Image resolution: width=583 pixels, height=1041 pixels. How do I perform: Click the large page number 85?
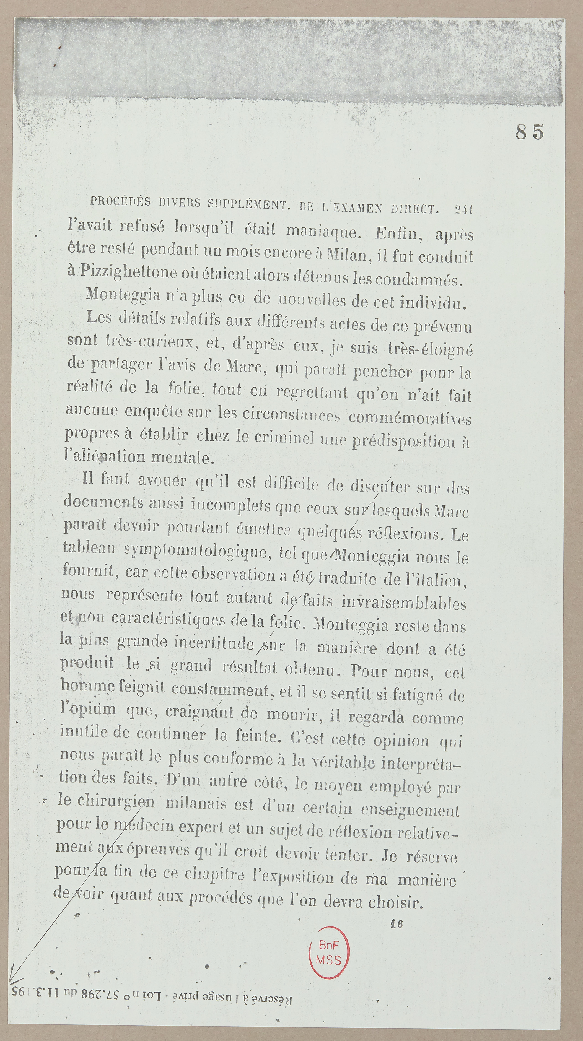529,132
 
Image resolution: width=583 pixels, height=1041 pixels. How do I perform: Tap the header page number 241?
463,209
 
